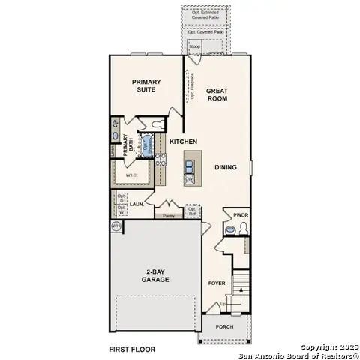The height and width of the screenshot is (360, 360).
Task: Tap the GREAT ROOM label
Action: point(217,95)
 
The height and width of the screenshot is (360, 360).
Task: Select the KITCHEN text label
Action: point(183,142)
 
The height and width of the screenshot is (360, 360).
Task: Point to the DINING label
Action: point(226,167)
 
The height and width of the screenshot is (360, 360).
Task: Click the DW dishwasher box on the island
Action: point(189,178)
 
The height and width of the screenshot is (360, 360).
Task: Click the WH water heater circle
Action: point(116,225)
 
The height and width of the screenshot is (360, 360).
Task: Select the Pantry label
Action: point(169,216)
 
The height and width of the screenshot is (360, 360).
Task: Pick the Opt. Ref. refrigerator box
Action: point(192,210)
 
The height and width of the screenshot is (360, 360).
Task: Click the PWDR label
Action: point(240,214)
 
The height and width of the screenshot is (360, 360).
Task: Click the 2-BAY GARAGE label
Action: point(154,275)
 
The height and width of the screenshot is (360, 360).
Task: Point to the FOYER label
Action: point(217,283)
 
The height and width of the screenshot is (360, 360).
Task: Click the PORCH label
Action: point(225,327)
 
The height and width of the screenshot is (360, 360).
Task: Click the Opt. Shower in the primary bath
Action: point(147,143)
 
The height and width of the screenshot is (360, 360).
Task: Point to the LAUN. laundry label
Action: point(136,203)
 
